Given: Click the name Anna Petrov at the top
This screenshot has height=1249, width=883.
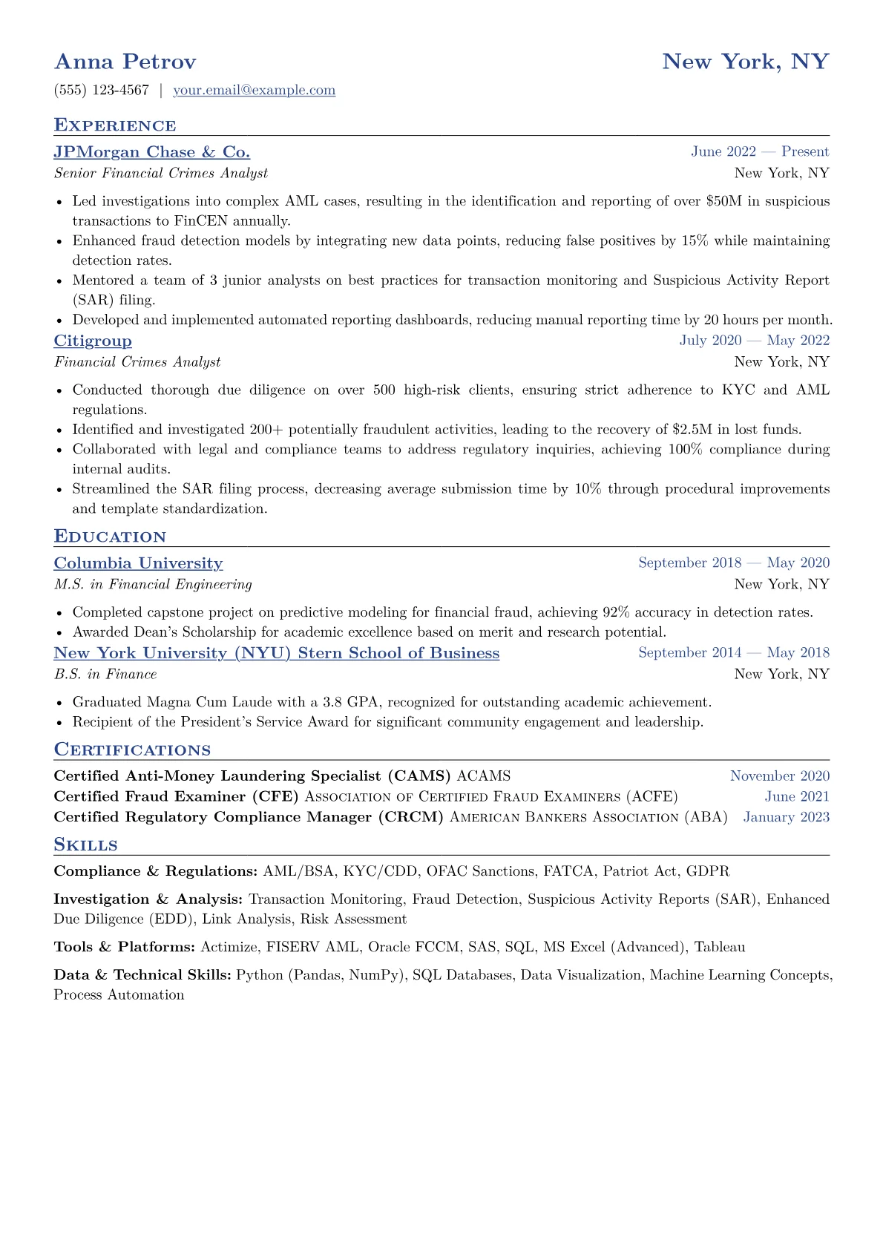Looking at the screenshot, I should [125, 62].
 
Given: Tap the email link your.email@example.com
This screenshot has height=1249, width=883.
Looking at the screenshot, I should [254, 91].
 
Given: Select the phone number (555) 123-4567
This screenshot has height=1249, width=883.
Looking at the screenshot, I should [102, 91].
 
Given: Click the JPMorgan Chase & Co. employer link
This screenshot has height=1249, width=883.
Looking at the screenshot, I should [151, 152].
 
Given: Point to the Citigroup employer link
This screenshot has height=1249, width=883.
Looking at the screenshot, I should [93, 341].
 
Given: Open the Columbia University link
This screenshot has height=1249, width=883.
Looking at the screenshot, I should [138, 563].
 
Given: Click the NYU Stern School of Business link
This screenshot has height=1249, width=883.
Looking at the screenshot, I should [276, 653].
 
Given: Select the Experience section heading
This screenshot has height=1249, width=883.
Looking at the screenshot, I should [115, 125].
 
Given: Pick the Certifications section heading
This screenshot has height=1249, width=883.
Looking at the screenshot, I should [132, 750].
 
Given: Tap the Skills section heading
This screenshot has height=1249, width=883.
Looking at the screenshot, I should [85, 845].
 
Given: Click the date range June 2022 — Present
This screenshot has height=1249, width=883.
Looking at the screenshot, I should [760, 152].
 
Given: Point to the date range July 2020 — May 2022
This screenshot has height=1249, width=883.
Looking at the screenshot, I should [754, 341].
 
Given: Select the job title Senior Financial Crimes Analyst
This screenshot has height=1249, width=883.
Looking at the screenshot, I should [161, 173].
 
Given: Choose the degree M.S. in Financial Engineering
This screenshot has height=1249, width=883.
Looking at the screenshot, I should [153, 585].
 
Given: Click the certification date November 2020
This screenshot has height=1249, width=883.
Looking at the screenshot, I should [779, 776].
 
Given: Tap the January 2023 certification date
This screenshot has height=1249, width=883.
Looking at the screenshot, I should [786, 817].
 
